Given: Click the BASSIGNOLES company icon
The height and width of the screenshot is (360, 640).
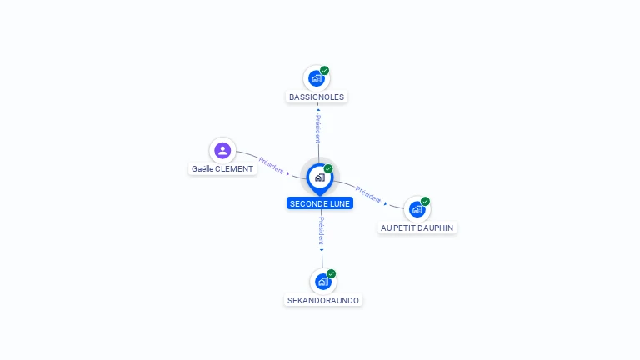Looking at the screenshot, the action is click(x=317, y=78).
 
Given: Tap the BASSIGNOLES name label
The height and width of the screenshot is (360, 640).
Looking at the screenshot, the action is click(x=317, y=97).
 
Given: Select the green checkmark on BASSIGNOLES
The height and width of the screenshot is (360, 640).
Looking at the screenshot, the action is click(x=324, y=71).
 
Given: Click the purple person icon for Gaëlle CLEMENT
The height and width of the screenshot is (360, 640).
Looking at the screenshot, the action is click(x=222, y=151).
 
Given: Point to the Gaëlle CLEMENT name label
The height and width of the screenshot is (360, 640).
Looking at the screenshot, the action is click(x=222, y=169).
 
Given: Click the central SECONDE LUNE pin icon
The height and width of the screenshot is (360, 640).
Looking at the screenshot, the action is click(x=320, y=179).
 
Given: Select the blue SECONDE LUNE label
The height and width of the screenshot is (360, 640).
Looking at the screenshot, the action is click(x=320, y=203).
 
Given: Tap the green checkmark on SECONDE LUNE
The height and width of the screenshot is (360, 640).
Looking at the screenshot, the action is click(x=328, y=168).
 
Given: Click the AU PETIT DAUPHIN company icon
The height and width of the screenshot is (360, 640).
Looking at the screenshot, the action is click(x=417, y=209).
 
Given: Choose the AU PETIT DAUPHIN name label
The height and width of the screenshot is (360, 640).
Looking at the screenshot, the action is click(x=417, y=228).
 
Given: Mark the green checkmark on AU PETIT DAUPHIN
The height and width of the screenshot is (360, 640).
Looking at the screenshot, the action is click(x=425, y=201).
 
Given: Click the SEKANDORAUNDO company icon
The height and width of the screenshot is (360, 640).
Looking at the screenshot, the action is click(x=323, y=282).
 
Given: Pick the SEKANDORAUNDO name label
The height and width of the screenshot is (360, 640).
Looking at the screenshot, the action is click(x=323, y=300).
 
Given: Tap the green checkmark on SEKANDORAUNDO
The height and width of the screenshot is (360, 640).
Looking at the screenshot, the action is click(x=331, y=273).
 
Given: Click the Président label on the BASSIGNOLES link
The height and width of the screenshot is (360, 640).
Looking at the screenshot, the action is click(x=318, y=128).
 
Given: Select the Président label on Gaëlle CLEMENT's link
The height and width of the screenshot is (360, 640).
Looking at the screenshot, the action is click(x=271, y=165).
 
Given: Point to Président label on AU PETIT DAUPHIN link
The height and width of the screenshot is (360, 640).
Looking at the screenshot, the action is click(x=368, y=195).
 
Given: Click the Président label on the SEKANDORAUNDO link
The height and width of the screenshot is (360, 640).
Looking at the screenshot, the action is click(x=322, y=231).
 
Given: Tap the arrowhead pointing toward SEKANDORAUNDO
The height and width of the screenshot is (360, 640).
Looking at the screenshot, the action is click(x=322, y=250).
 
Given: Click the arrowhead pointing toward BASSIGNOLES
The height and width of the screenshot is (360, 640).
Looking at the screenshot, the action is click(x=318, y=110).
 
